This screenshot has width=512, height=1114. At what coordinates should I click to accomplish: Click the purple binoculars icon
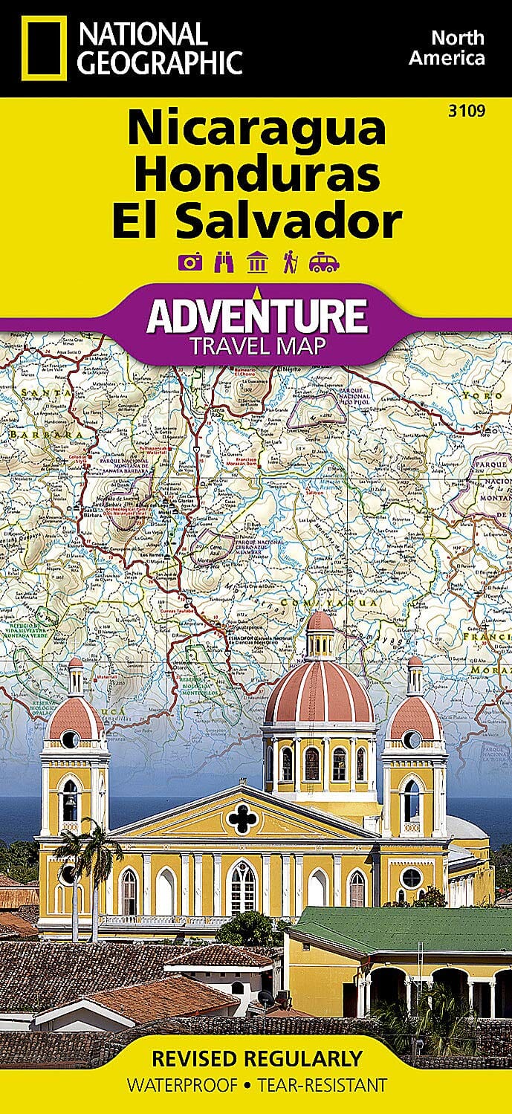click(222, 262)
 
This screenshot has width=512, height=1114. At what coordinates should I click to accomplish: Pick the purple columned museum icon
click(257, 262)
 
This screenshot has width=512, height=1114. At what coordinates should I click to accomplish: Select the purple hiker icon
click(290, 262)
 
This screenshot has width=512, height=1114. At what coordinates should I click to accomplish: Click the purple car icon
click(325, 262)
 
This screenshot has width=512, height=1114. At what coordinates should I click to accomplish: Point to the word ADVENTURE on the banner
click(256, 316)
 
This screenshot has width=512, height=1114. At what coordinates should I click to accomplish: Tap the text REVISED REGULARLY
click(256, 1058)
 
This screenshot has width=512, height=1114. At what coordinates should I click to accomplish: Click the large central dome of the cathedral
click(319, 691)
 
